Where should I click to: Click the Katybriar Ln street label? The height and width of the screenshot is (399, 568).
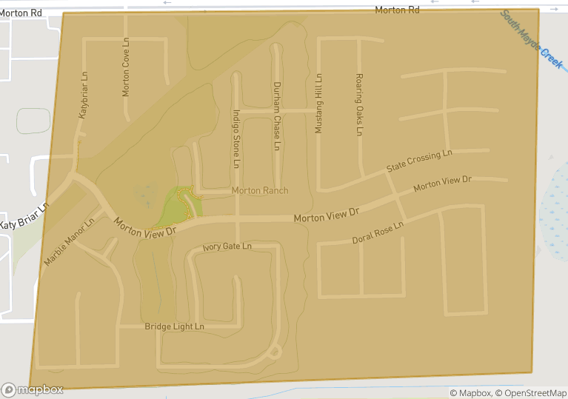pyautogui.click(x=84, y=95)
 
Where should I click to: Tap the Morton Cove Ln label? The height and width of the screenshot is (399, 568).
pyautogui.click(x=126, y=67)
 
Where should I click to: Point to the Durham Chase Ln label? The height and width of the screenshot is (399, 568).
pyautogui.click(x=275, y=116)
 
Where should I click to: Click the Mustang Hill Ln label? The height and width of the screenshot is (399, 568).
pyautogui.click(x=319, y=103)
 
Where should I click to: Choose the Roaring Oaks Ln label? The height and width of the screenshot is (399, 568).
pyautogui.click(x=359, y=104)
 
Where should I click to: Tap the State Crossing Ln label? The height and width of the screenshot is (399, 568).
pyautogui.click(x=418, y=161)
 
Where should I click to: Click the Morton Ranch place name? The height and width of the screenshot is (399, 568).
pyautogui.click(x=260, y=190)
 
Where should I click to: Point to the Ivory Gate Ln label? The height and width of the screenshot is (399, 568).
pyautogui.click(x=227, y=246)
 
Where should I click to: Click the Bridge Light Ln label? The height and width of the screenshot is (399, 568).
pyautogui.click(x=174, y=326)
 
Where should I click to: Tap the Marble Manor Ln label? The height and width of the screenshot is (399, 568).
pyautogui.click(x=69, y=241)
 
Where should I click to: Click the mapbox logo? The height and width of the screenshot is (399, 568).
pyautogui.click(x=33, y=389)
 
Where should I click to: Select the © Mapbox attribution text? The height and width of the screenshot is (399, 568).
pyautogui.click(x=471, y=393)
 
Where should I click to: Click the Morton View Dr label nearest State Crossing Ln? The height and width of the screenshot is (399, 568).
pyautogui.click(x=441, y=183)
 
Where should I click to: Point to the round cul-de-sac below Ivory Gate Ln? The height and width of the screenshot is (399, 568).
pyautogui.click(x=275, y=352)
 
